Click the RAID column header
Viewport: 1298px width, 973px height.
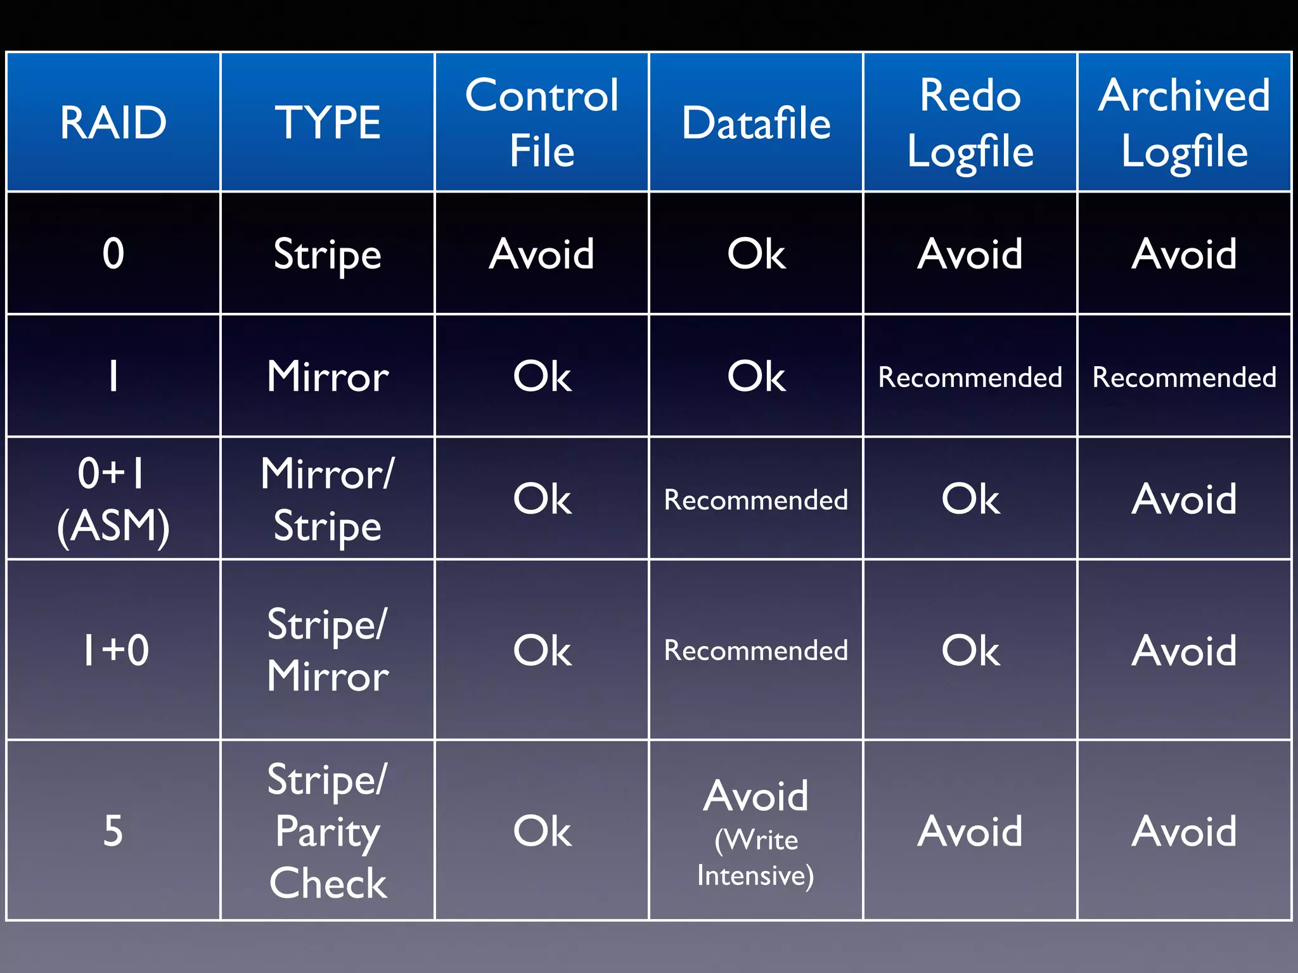pyautogui.click(x=113, y=122)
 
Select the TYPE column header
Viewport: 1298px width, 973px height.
pyautogui.click(x=327, y=122)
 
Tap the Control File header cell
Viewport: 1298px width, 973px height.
pyautogui.click(x=542, y=122)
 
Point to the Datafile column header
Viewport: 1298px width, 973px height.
pyautogui.click(x=756, y=122)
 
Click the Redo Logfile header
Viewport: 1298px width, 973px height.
pyautogui.click(x=970, y=122)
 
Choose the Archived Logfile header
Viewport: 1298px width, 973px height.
pyautogui.click(x=1185, y=122)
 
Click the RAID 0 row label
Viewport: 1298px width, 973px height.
pyautogui.click(x=113, y=253)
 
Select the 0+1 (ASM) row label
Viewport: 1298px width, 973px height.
pyautogui.click(x=113, y=499)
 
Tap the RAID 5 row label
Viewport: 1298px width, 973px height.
pyautogui.click(x=113, y=830)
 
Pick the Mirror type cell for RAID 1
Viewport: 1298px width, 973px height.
pyautogui.click(x=327, y=376)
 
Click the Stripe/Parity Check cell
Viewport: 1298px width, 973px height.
pyautogui.click(x=327, y=830)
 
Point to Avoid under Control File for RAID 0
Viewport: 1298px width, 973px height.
pyautogui.click(x=542, y=253)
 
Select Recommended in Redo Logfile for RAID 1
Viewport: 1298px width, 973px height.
pyautogui.click(x=970, y=377)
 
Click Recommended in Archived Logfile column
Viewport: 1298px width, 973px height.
pyautogui.click(x=1185, y=377)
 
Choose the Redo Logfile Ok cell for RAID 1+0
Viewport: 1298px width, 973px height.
pyautogui.click(x=970, y=651)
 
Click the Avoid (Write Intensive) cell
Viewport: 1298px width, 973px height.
pyautogui.click(x=756, y=831)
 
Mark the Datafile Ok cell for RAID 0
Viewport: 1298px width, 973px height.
pyautogui.click(x=756, y=253)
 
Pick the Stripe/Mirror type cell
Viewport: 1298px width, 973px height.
pyautogui.click(x=327, y=651)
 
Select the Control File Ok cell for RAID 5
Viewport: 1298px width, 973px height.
pyautogui.click(x=542, y=831)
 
